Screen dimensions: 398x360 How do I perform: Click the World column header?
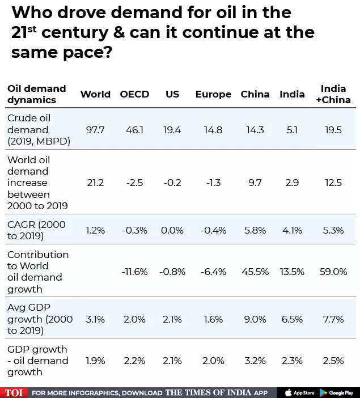(x=95, y=94)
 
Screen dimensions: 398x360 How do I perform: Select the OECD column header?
(x=134, y=94)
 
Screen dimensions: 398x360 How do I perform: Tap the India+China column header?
(x=333, y=94)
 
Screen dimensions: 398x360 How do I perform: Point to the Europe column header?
(x=213, y=94)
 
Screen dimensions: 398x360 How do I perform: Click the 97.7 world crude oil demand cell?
(x=95, y=130)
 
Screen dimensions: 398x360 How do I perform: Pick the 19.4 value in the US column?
(x=172, y=130)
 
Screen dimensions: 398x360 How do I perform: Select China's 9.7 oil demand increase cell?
(x=255, y=183)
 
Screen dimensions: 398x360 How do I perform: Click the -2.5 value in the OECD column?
(x=134, y=183)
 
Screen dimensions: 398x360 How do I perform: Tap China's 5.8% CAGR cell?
(x=255, y=230)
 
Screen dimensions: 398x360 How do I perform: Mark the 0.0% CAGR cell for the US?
(x=172, y=230)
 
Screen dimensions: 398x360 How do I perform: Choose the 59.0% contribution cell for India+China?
(x=333, y=272)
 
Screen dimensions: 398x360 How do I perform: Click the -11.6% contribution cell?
(x=134, y=272)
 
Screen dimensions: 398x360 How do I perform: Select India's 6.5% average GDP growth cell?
(x=292, y=319)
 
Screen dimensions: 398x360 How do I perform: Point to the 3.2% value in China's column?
(x=255, y=361)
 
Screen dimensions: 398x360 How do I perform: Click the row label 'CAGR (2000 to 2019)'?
(x=36, y=230)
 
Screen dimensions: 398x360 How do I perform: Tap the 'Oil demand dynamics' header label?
(x=36, y=94)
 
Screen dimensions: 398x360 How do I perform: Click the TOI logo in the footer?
(x=13, y=392)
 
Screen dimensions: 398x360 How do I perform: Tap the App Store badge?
(x=299, y=392)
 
